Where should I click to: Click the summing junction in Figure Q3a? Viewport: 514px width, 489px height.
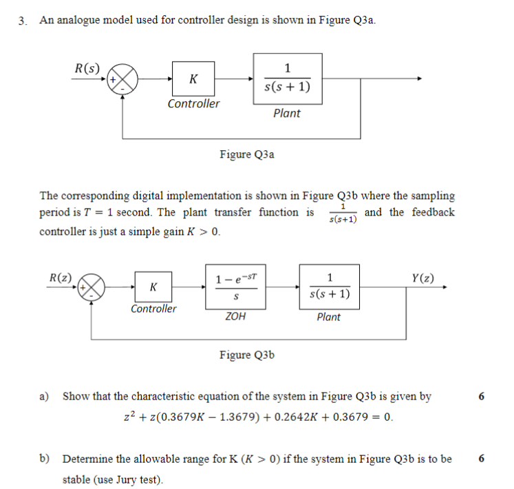click(x=123, y=80)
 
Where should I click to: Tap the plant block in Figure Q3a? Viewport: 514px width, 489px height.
click(x=287, y=79)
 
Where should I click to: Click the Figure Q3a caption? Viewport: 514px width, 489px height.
click(x=246, y=154)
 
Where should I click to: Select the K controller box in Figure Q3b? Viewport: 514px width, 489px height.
click(x=153, y=286)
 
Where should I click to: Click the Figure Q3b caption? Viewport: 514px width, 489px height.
click(x=246, y=355)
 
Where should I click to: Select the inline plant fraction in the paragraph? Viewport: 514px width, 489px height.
click(x=342, y=213)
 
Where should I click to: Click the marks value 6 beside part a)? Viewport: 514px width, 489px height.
click(x=481, y=397)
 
